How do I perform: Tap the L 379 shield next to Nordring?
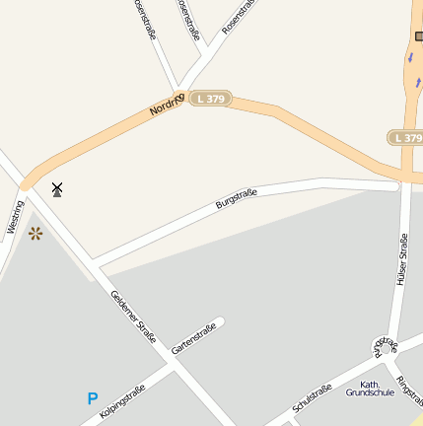208,99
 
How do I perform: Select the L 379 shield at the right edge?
405,138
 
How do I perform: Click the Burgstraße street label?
236,199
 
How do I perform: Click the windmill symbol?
57,188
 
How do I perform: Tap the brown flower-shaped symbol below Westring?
35,233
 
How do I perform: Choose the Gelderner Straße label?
133,317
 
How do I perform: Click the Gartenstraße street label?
193,338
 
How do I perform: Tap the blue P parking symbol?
93,399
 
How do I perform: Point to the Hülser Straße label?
401,259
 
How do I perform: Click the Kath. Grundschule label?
370,388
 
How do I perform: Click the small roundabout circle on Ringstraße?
380,346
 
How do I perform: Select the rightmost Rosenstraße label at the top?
237,17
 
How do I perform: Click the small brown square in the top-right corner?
419,36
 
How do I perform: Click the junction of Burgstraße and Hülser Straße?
403,183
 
